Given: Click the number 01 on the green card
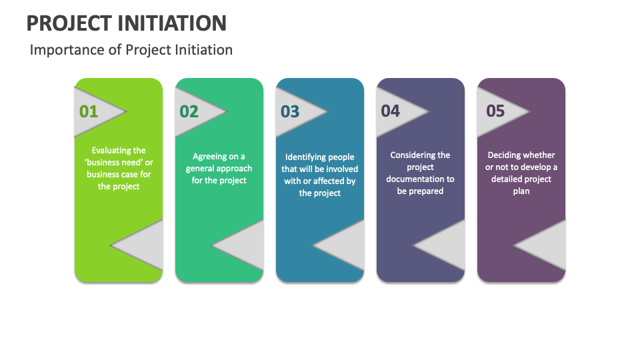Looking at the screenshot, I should pyautogui.click(x=89, y=111).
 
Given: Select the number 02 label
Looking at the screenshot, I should pyautogui.click(x=189, y=111).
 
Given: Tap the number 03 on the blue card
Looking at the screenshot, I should pyautogui.click(x=290, y=111).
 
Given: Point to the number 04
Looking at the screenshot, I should pyautogui.click(x=391, y=111).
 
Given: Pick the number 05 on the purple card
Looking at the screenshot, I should pyautogui.click(x=495, y=111).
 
